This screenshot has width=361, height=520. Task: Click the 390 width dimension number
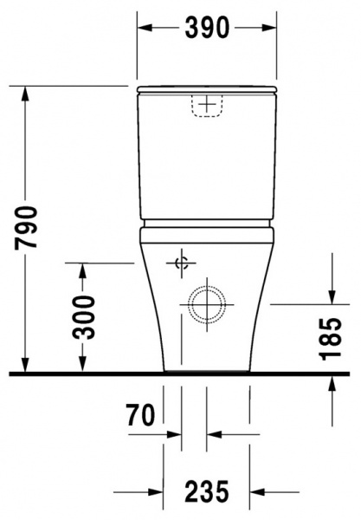click(207, 28)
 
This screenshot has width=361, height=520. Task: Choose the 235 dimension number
click(207, 492)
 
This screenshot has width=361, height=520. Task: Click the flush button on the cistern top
click(206, 105)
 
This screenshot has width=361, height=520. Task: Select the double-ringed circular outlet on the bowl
click(206, 304)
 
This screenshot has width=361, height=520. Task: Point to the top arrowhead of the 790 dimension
click(27, 93)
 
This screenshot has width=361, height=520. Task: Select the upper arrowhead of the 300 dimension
click(83, 270)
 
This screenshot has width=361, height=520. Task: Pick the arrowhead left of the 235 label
click(157, 492)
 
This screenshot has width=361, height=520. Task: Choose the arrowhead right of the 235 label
click(257, 492)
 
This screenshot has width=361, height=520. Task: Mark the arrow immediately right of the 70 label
click(176, 432)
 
